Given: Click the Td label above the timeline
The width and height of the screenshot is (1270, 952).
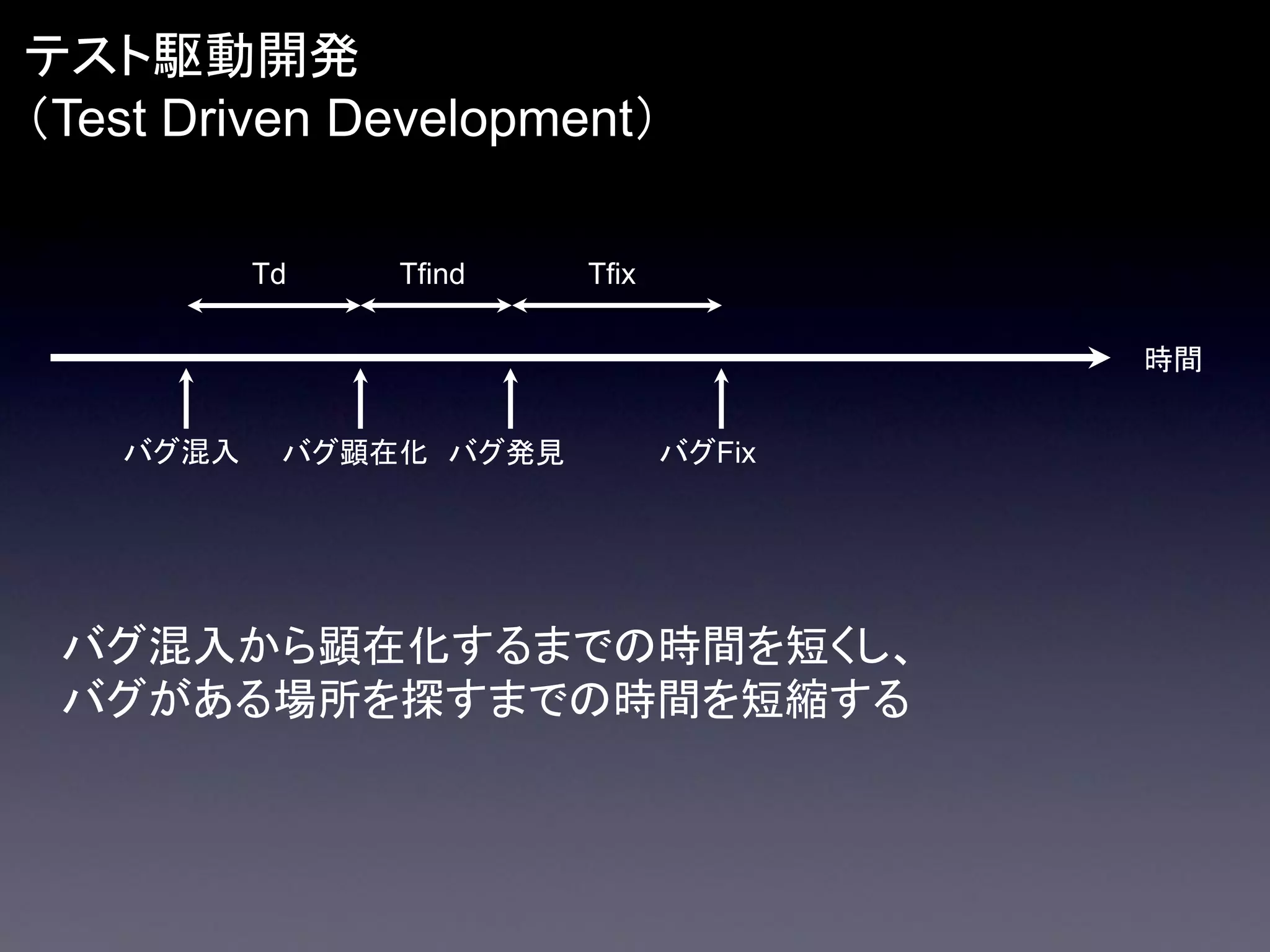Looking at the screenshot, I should (x=269, y=274).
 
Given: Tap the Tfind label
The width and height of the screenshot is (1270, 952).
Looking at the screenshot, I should (x=432, y=274).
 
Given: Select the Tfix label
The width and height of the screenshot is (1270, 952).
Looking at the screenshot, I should (x=611, y=274).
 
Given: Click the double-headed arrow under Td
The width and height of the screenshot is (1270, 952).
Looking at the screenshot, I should (x=273, y=306).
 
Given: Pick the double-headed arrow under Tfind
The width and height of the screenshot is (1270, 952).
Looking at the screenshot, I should (x=435, y=306).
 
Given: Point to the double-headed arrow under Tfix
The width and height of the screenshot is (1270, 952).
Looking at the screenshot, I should (x=617, y=306).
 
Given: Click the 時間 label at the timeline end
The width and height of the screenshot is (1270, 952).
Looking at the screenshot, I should (x=1173, y=359).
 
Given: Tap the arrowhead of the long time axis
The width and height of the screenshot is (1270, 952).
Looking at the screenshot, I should (x=1099, y=358).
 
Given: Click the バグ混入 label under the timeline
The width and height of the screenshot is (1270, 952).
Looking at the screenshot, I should (x=182, y=452).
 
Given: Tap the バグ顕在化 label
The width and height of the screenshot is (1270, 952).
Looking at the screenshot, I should (x=355, y=452).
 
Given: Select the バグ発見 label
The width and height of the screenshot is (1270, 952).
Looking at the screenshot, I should (x=506, y=452).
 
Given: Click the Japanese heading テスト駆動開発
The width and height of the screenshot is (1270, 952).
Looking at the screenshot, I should (x=192, y=57).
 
